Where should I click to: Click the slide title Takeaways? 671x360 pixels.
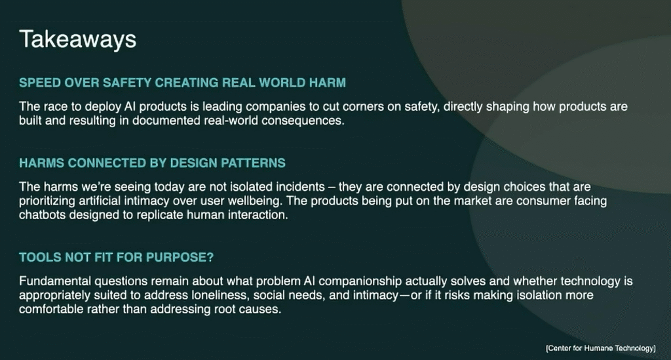(x=77, y=40)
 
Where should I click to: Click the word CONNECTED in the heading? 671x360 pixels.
(x=107, y=163)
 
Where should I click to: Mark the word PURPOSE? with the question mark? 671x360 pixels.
(x=180, y=257)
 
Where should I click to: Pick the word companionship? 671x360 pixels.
(x=360, y=282)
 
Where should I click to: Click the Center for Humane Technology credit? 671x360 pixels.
(x=600, y=348)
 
